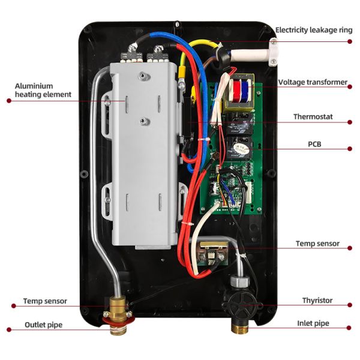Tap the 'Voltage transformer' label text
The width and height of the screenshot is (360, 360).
coord(313,82)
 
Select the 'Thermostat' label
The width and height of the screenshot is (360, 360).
coord(313,116)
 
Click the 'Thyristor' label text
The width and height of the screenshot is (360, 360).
coord(317,300)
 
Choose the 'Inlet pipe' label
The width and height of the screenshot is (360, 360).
coord(313,323)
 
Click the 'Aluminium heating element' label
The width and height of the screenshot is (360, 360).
coord(43,90)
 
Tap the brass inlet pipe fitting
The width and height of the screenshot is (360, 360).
coord(239,325)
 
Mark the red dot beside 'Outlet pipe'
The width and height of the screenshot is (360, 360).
coord(8,329)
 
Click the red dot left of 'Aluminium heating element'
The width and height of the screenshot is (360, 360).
coord(8,101)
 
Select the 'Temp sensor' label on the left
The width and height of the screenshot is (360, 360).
coord(45,301)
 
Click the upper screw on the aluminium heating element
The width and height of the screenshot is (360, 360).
coord(142,76)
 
